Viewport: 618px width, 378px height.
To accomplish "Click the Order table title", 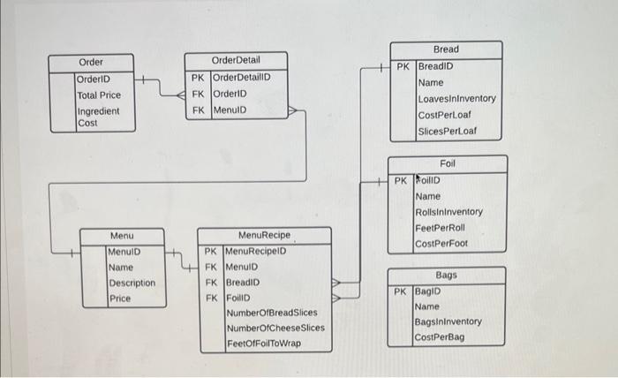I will pos(91,62).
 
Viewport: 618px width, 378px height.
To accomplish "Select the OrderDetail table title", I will pos(236,60).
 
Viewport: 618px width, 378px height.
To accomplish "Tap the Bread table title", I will pos(446,49).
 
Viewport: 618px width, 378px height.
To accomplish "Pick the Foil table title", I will pos(448,164).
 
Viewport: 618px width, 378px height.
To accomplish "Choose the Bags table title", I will pos(446,276).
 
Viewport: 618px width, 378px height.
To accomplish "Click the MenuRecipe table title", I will pos(265,236).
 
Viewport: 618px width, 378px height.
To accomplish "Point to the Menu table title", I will pos(122,236).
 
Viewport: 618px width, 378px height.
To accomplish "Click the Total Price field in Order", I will pos(99,94).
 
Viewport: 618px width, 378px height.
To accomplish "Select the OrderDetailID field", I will pos(241,77).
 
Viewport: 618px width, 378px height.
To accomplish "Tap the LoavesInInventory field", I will pos(456,99).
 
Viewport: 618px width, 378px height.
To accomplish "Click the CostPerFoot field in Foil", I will pos(441,244).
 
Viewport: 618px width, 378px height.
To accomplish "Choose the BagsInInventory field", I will pos(448,322).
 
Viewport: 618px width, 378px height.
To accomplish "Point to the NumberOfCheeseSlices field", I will pos(275,328).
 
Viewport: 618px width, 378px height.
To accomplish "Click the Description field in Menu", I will pos(132,283).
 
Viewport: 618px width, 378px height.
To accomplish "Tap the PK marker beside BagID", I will pos(401,291).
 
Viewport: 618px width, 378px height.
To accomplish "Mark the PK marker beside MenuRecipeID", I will pos(210,251).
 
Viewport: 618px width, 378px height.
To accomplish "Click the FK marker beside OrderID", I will pos(199,94).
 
